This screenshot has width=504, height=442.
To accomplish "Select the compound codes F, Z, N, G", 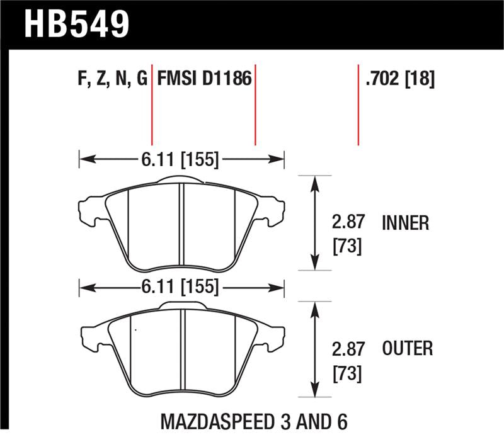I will point(110,79).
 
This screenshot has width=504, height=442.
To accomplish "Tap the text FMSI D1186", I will point(204,79).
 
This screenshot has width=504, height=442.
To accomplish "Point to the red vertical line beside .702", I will point(358,104).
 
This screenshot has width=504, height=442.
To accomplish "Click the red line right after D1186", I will point(255,104).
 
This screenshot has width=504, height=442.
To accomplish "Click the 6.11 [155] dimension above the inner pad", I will point(181,160).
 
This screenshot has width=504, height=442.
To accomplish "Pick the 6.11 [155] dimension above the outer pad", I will point(181,288).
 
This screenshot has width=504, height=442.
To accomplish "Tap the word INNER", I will point(405,223).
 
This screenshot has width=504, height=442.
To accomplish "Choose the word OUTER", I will point(407,348).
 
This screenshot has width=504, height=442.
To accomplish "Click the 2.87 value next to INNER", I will point(347,223).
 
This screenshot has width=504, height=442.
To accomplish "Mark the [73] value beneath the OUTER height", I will point(347,374).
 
